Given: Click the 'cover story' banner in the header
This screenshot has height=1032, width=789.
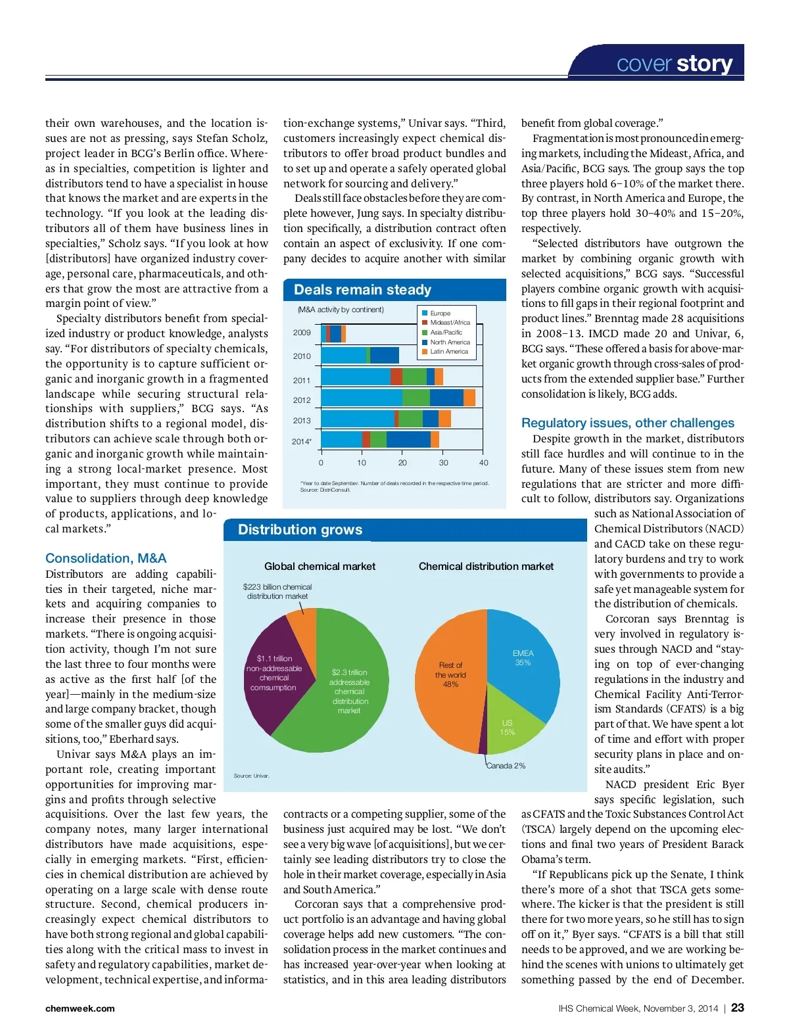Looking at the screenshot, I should tap(674, 63).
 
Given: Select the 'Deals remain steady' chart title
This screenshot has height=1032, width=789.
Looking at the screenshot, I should tap(362, 290).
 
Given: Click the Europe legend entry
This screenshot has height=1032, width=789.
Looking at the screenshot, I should tap(440, 314).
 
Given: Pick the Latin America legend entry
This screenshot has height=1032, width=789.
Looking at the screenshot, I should tap(448, 352).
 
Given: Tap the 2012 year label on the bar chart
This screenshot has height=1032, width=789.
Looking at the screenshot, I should tap(302, 400).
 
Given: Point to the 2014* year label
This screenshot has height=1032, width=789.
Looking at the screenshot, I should tap(302, 441).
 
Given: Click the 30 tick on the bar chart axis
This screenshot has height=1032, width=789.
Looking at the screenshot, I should tap(443, 463).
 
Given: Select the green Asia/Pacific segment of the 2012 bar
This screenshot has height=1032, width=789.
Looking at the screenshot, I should tap(416, 398).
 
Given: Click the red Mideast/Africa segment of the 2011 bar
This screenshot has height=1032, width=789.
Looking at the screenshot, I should tap(396, 377).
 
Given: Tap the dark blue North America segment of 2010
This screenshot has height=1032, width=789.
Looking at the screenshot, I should tap(385, 355).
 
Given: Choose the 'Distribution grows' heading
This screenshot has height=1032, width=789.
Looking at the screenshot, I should tap(300, 530).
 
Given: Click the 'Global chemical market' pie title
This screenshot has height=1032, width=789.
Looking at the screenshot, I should tap(320, 566).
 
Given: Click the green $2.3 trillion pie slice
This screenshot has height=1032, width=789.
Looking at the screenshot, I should tap(348, 690).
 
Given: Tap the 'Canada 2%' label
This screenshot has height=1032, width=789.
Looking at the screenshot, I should tap(506, 766).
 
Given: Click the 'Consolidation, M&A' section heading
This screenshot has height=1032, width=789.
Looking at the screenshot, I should tap(106, 558).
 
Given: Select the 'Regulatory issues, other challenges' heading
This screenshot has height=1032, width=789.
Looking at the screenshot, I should tap(627, 423).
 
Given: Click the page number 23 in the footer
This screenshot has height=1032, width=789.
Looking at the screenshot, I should tap(738, 1008).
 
